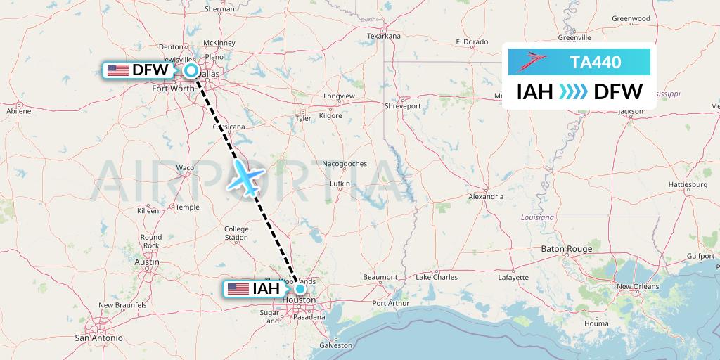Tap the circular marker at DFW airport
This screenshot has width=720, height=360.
(x=191, y=70)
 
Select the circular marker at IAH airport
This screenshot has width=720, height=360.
(x=300, y=288)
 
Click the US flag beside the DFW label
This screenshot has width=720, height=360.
(x=117, y=70)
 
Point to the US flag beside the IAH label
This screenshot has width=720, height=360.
(x=238, y=289)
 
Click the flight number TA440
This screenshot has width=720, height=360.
(x=596, y=62)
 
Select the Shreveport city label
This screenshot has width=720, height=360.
(x=402, y=106)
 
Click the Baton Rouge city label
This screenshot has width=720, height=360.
(x=566, y=249)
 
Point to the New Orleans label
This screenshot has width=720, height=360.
(x=638, y=286)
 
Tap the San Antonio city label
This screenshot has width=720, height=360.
(x=98, y=337)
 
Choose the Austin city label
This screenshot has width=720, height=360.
(x=146, y=262)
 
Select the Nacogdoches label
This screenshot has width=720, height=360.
(x=345, y=164)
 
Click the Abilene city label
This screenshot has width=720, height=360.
(x=18, y=111)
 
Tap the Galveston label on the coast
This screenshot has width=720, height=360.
(x=335, y=345)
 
